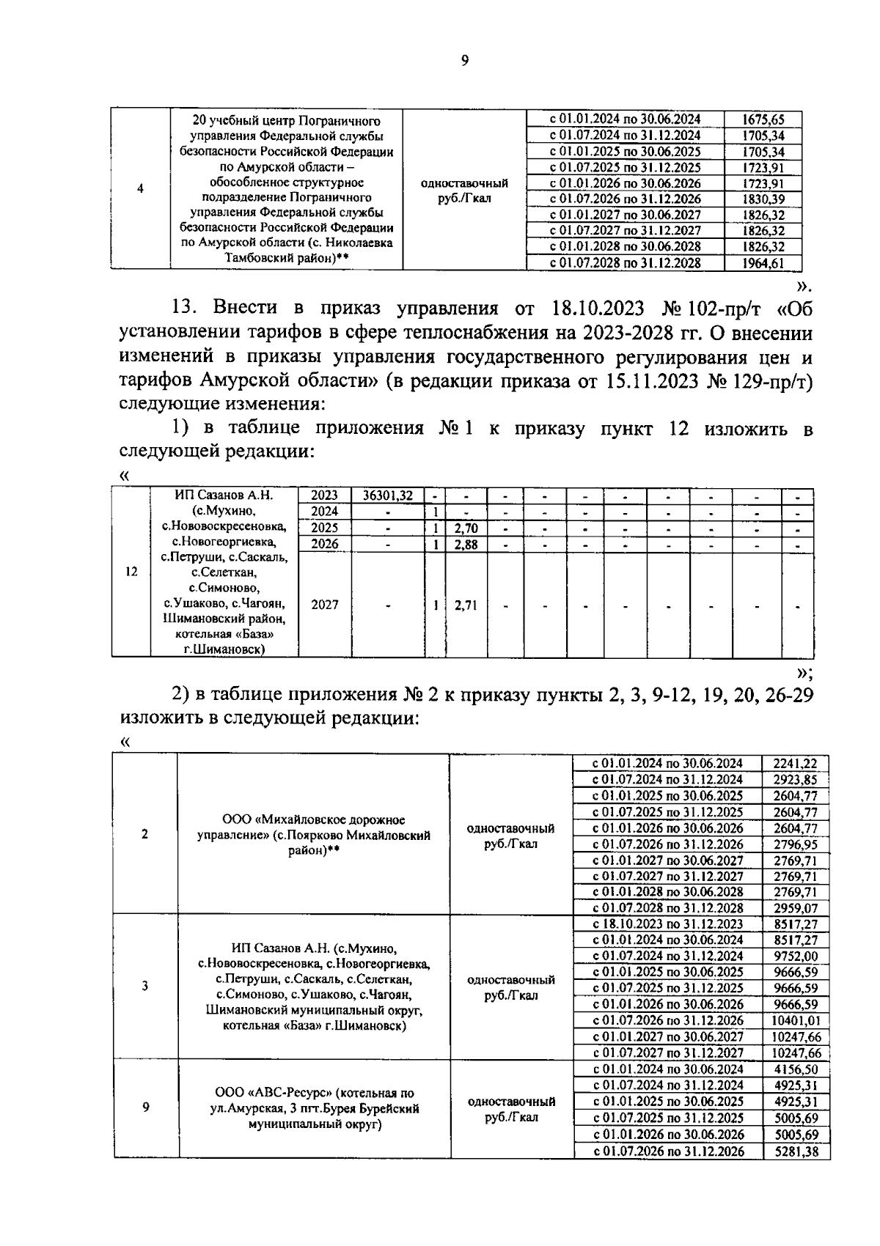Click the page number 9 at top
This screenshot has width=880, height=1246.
pyautogui.click(x=464, y=61)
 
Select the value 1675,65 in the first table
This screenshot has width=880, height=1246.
pyautogui.click(x=763, y=119)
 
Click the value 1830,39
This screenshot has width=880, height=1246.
pyautogui.click(x=763, y=199)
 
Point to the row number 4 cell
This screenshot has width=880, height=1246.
pyautogui.click(x=140, y=188)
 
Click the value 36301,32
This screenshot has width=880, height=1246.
pyautogui.click(x=388, y=495)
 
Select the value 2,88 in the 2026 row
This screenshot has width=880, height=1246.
pyautogui.click(x=466, y=544)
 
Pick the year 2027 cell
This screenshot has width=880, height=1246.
pyautogui.click(x=325, y=605)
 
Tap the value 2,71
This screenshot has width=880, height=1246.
pyautogui.click(x=466, y=605)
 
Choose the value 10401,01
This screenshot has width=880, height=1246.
pyautogui.click(x=795, y=1020)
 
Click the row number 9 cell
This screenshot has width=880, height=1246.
pyautogui.click(x=145, y=1107)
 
